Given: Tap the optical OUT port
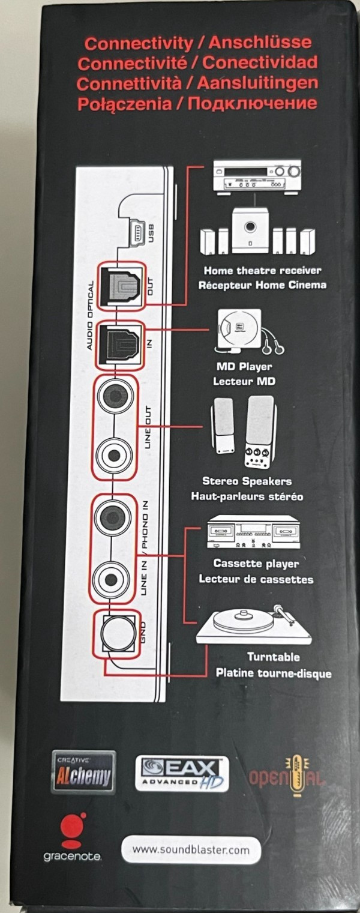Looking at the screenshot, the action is pos(121,286).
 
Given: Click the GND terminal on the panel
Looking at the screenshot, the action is pos(118,633).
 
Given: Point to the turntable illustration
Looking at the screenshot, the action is pos(253,624).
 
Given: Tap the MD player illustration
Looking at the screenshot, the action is pos(248,330).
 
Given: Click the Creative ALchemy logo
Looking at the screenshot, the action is pos(83,773).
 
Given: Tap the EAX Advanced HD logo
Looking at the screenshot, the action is pos(182,773).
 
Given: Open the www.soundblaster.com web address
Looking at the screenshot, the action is pos(191,850).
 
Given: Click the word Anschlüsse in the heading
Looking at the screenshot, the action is pos(260,43).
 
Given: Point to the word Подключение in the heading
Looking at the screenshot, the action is pos(252,103).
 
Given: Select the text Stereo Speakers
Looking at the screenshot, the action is pos(247,481).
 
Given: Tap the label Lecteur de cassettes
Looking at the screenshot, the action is pos(256,579).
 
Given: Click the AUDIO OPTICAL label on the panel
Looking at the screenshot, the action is pos(90,315).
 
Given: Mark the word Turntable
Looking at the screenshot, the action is pos(273,657).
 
